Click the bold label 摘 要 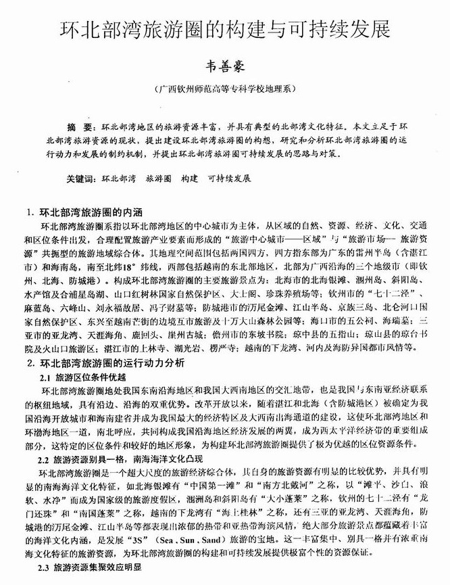click(x=80, y=127)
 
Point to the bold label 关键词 click(x=80, y=179)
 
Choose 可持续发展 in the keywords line click(x=230, y=179)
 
